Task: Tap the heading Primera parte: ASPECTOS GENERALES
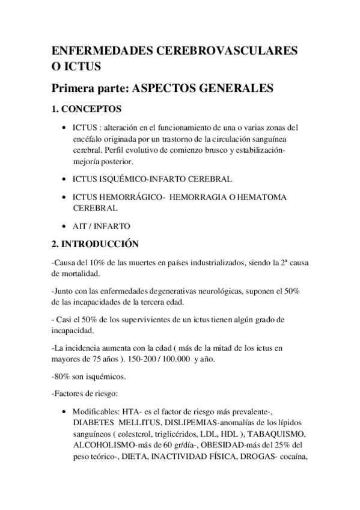(163, 88)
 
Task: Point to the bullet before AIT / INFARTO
(65, 226)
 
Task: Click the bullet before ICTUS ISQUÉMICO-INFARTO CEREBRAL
(65, 179)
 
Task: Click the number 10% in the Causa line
(96, 263)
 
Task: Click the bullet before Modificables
(65, 413)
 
